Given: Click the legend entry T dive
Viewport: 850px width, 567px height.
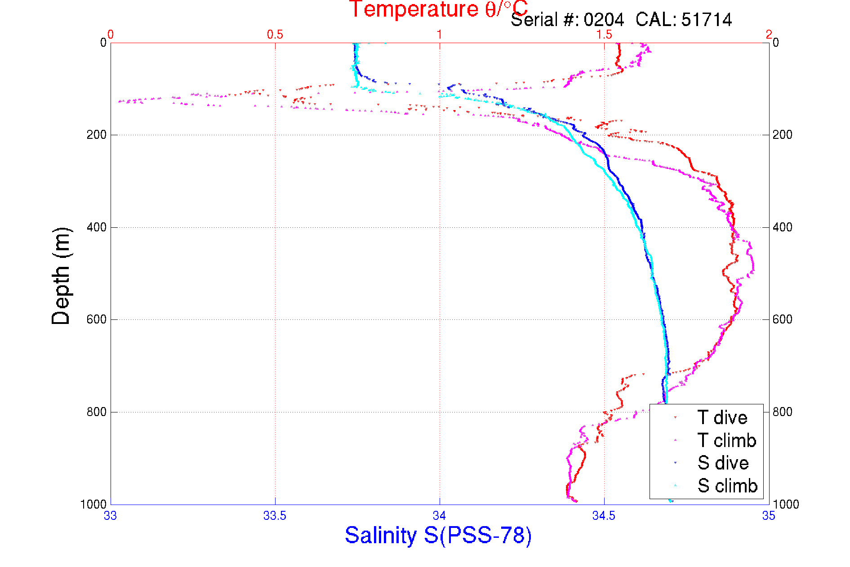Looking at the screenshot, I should (x=722, y=418).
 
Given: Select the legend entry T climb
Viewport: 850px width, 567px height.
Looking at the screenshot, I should (x=726, y=440).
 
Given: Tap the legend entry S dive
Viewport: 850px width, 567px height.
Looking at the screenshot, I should (x=723, y=463).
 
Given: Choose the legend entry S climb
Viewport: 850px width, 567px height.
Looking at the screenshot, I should (x=727, y=486).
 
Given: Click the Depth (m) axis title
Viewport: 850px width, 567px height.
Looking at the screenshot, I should (x=61, y=276).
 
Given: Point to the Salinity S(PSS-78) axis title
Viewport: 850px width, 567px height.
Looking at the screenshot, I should (x=438, y=536).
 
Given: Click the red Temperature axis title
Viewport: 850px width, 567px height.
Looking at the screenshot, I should (x=438, y=9).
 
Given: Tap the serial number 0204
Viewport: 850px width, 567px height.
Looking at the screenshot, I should (x=604, y=20).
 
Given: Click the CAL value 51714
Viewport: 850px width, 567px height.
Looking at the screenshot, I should (x=707, y=20).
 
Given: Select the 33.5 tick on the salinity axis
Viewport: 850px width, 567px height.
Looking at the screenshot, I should (x=275, y=516).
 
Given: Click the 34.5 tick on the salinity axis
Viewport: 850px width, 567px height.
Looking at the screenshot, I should (x=604, y=516).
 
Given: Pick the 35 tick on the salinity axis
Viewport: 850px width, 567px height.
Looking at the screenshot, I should (x=769, y=516).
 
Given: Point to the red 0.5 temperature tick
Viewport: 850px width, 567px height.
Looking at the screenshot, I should (x=275, y=35).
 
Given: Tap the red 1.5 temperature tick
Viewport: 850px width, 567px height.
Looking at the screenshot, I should (x=604, y=35).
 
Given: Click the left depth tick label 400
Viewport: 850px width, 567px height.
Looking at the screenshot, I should (x=96, y=227).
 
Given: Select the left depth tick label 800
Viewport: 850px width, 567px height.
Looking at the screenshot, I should (x=96, y=412).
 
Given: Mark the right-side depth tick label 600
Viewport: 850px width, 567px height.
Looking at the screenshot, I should (x=783, y=319).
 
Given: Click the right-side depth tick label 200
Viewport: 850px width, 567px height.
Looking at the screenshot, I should (x=783, y=135).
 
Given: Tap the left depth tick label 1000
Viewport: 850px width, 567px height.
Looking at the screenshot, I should (x=93, y=505).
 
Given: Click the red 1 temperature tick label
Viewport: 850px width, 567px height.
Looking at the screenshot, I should (x=440, y=35).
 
